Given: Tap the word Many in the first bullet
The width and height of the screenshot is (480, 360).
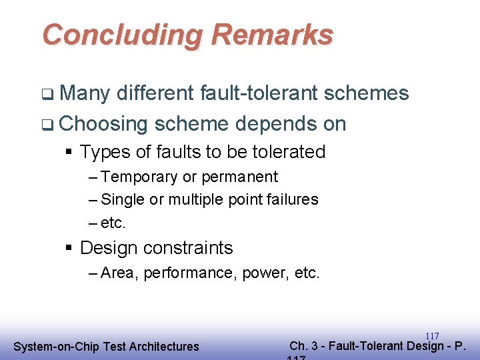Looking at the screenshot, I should coord(84,93).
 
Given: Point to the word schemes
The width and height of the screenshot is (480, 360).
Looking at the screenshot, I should coord(367,93).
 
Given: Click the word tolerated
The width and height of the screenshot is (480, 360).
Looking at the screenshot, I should coord(287,152).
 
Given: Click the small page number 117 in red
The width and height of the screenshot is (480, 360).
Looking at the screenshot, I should coord(432,337).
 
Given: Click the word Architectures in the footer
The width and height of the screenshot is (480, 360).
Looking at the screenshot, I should coord(164,347).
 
